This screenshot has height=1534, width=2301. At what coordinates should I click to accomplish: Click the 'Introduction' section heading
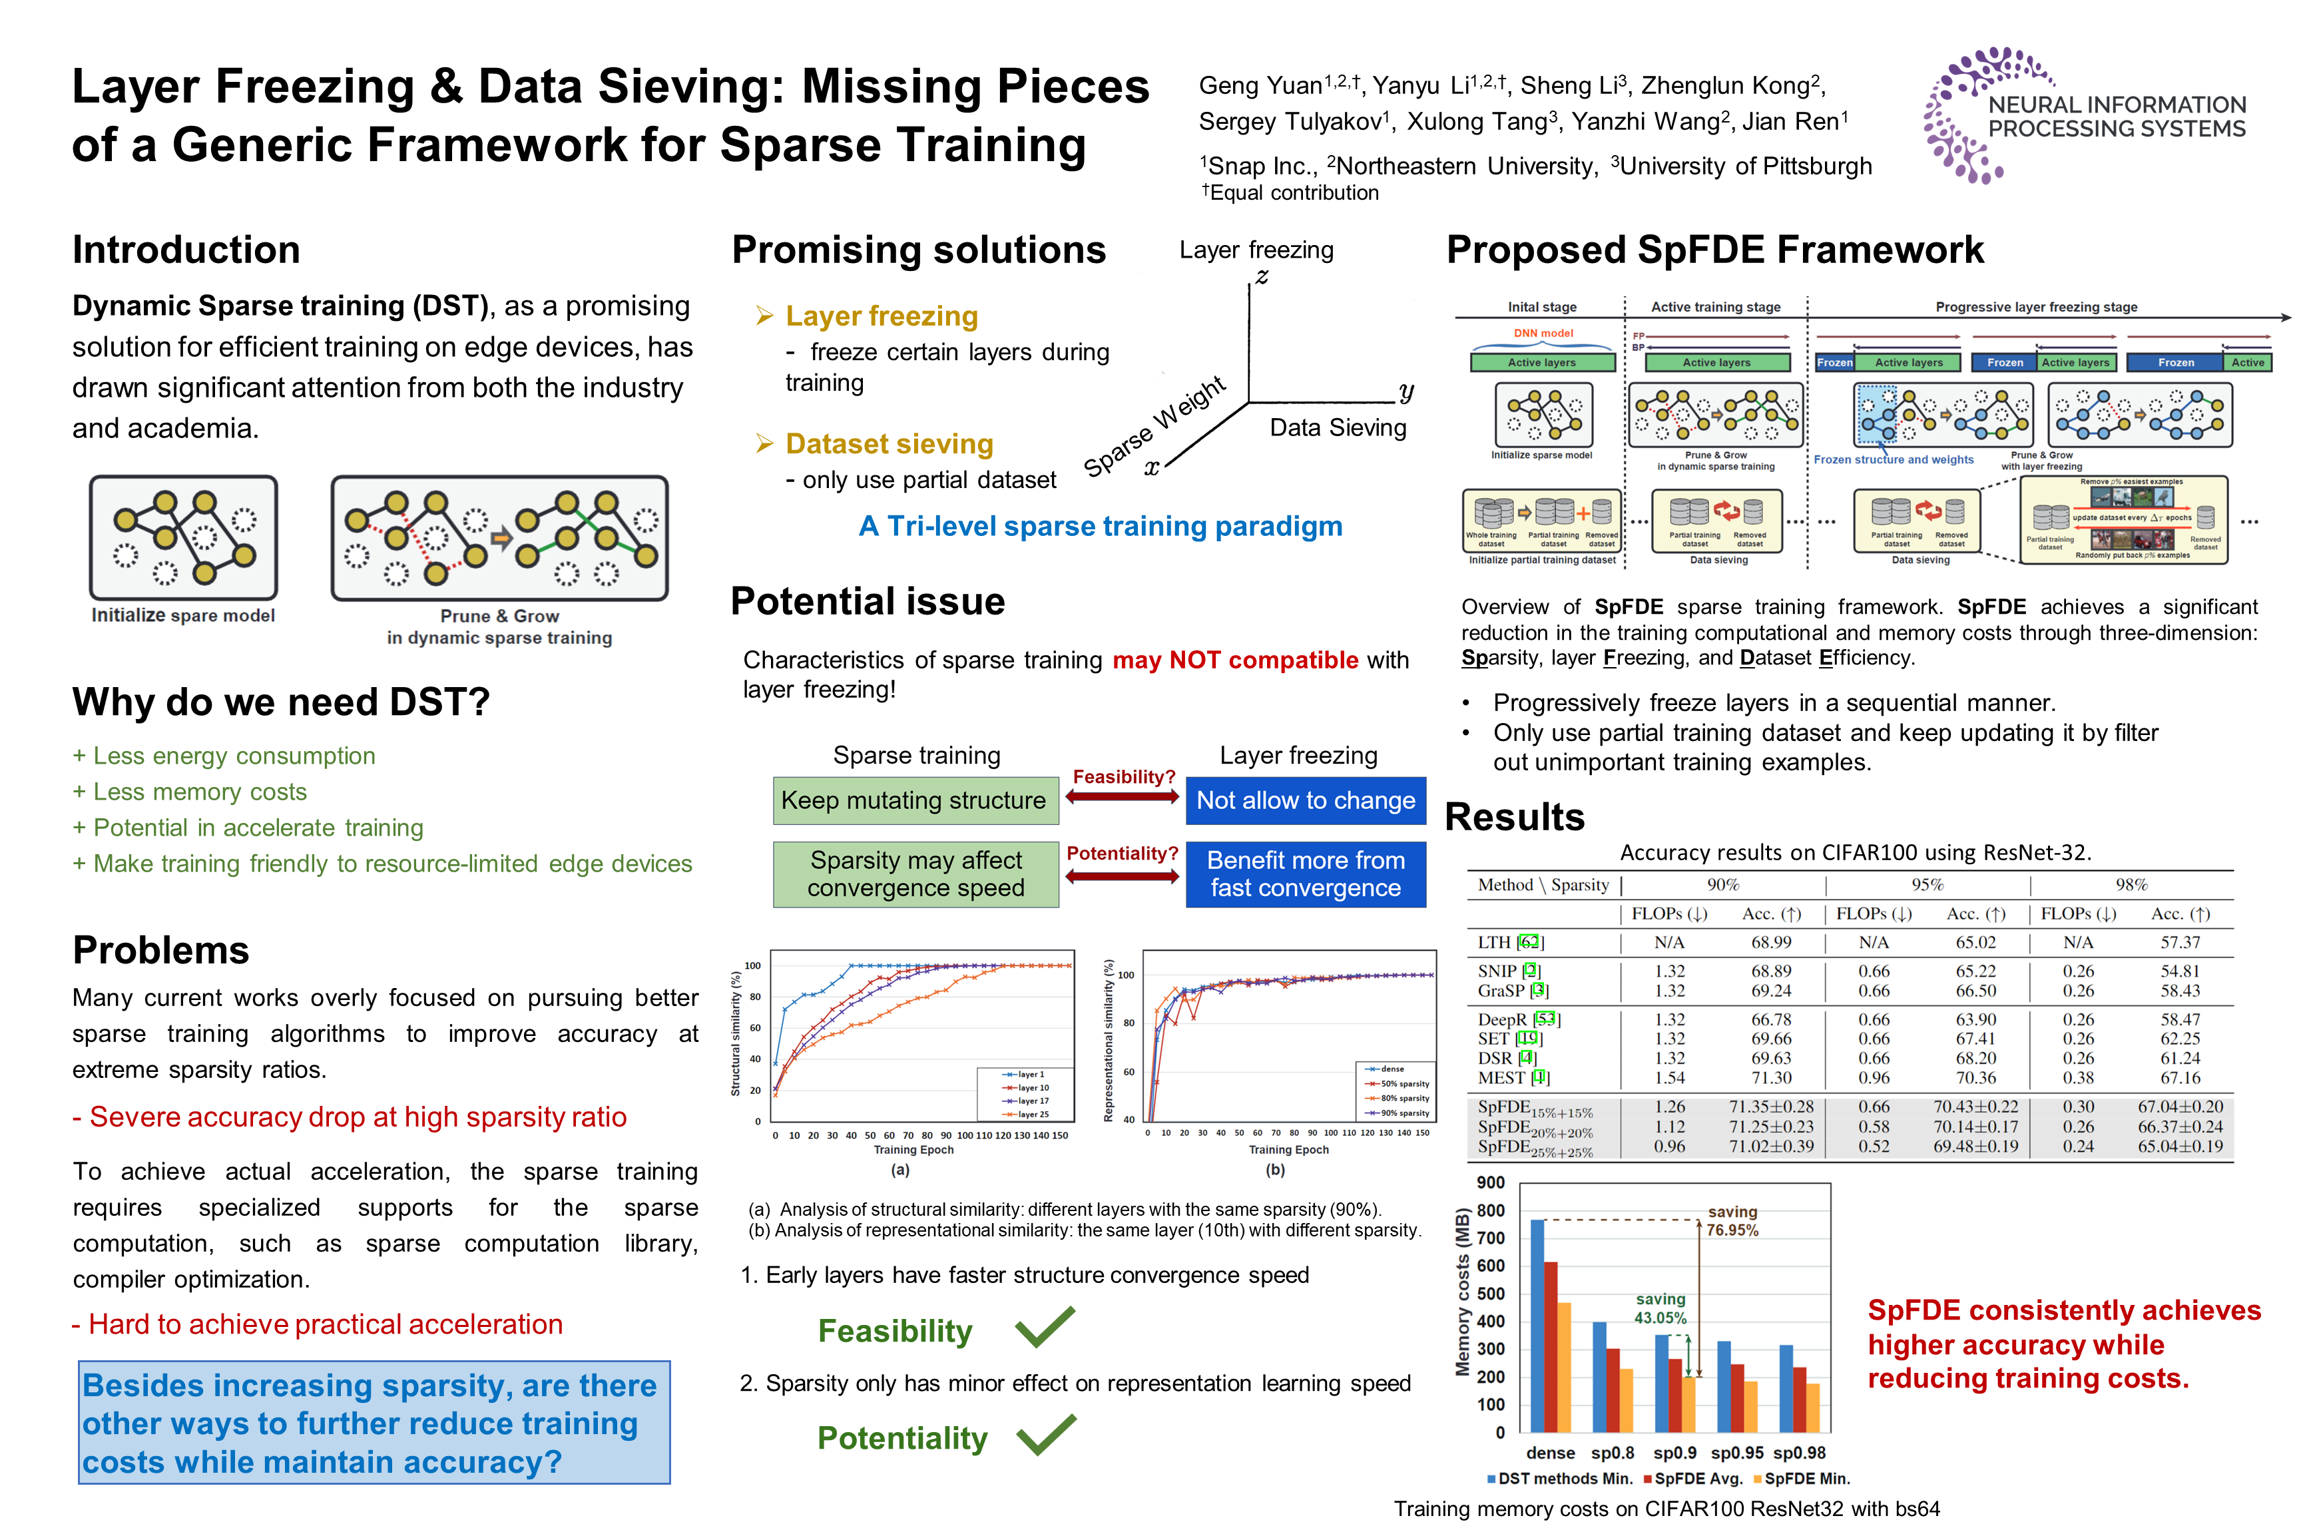[x=186, y=250]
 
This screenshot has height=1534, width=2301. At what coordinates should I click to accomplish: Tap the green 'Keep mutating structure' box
[x=915, y=800]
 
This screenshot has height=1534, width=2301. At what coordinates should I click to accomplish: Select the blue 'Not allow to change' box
[x=1305, y=800]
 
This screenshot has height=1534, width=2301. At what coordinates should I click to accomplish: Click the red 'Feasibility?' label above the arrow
[x=1123, y=777]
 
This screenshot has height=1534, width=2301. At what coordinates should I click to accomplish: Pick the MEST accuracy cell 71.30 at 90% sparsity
[x=1771, y=1078]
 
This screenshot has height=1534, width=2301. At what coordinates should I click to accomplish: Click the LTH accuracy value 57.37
[x=2180, y=942]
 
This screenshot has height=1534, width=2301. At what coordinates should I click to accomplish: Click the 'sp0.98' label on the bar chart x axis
[x=1799, y=1453]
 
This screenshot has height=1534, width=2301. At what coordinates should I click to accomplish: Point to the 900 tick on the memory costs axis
[x=1491, y=1182]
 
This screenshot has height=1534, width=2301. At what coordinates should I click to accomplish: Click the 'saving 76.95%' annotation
[x=1732, y=1221]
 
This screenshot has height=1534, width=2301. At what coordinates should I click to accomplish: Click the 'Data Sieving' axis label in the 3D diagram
[x=1338, y=427]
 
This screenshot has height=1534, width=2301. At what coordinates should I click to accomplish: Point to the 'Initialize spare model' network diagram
[x=184, y=537]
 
